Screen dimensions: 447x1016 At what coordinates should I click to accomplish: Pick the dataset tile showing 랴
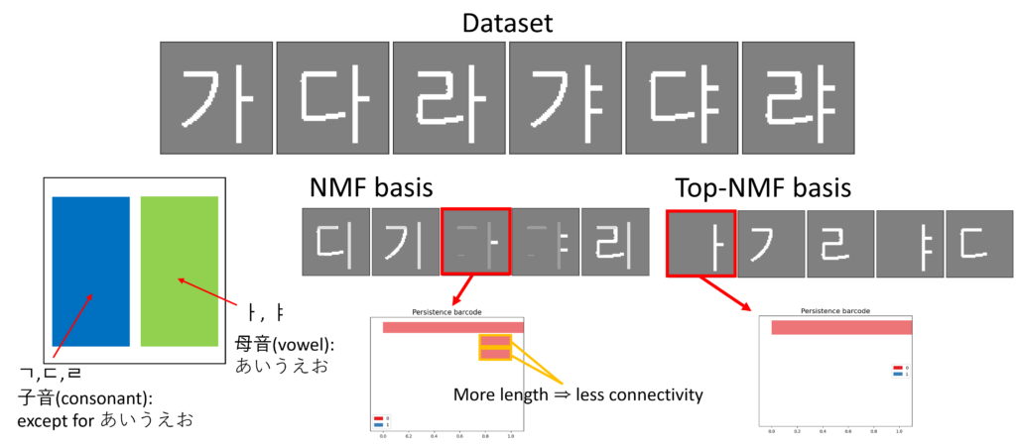pyautogui.click(x=797, y=98)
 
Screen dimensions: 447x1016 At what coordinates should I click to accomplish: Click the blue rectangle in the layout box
pyautogui.click(x=90, y=271)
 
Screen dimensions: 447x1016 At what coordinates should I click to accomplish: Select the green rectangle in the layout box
pyautogui.click(x=180, y=271)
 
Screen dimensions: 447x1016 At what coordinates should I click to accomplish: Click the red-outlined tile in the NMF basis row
pyautogui.click(x=475, y=242)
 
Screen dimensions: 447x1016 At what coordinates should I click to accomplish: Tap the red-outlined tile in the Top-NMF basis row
pyautogui.click(x=699, y=243)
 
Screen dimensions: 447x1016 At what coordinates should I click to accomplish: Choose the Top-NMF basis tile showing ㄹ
pyautogui.click(x=839, y=243)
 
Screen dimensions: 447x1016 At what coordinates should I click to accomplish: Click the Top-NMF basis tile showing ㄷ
pyautogui.click(x=978, y=243)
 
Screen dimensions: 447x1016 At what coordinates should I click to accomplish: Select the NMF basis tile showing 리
pyautogui.click(x=614, y=242)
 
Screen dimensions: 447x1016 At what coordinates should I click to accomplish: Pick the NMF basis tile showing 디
pyautogui.click(x=335, y=242)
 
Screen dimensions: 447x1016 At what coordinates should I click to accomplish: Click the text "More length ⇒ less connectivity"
pyautogui.click(x=578, y=394)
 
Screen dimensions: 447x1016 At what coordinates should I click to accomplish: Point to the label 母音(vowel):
pyautogui.click(x=284, y=344)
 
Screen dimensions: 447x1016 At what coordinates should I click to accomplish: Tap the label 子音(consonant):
pyautogui.click(x=78, y=397)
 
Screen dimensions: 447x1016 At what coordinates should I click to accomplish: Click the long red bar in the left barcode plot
pyautogui.click(x=452, y=327)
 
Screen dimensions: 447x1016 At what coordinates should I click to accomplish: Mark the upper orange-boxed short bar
pyautogui.click(x=496, y=341)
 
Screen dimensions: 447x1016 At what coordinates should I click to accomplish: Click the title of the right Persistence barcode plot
pyautogui.click(x=834, y=310)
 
